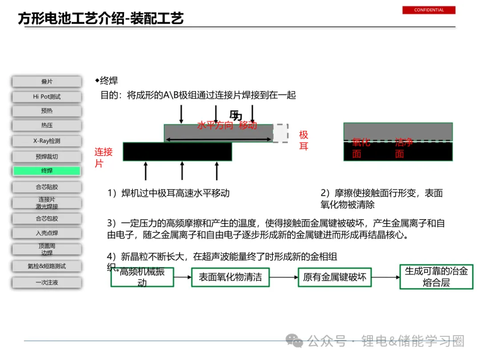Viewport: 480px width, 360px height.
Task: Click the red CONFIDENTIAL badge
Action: tap(429, 10)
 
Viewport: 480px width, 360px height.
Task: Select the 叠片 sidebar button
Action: tap(47, 82)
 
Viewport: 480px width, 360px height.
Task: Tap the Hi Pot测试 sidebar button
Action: tap(47, 96)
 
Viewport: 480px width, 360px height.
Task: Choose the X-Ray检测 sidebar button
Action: tap(47, 141)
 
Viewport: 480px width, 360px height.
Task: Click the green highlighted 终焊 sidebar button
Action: tap(47, 171)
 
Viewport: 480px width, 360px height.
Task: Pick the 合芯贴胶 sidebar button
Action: tap(47, 187)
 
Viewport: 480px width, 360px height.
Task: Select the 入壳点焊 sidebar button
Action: tap(47, 233)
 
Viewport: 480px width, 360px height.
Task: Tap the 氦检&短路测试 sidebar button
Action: tap(47, 266)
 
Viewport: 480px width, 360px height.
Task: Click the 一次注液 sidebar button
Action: tap(47, 282)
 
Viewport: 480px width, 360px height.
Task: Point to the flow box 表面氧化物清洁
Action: tap(230, 277)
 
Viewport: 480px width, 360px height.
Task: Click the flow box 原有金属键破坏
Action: tap(335, 277)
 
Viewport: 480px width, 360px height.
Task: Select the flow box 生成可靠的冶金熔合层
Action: tap(436, 276)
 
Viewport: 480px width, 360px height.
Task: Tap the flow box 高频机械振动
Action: tap(142, 277)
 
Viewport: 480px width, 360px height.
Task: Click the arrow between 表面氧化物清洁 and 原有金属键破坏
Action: tap(284, 277)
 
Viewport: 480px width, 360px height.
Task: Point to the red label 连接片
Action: tap(103, 157)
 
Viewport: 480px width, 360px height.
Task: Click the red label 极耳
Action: tap(304, 140)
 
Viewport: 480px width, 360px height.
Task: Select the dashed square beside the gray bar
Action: tap(280, 133)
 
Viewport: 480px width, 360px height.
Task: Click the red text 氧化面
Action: tap(361, 148)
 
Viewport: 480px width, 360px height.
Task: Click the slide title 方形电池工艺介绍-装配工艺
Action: tap(101, 19)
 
